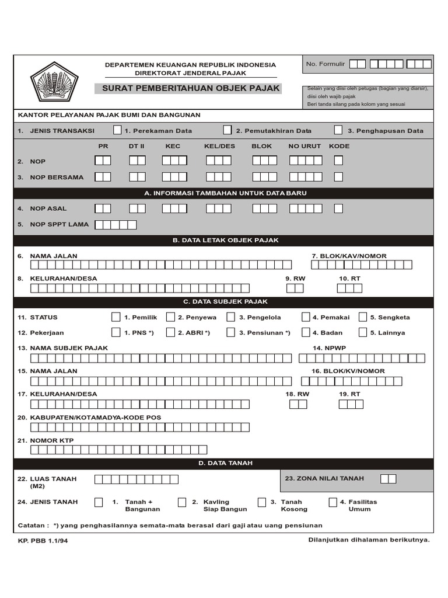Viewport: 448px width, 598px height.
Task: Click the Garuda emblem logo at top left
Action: tap(54, 82)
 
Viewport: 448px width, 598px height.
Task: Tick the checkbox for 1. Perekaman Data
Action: tap(117, 130)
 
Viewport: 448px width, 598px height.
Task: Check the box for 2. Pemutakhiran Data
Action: tap(228, 130)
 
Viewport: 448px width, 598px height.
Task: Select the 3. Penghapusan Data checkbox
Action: tap(338, 130)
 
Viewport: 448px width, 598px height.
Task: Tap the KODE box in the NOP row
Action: tap(338, 160)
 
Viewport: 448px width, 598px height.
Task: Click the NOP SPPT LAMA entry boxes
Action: tap(116, 224)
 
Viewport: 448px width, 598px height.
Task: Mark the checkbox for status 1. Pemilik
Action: tap(116, 317)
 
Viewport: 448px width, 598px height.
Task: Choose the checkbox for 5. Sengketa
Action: tap(363, 317)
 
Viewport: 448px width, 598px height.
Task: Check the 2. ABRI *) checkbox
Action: tap(170, 332)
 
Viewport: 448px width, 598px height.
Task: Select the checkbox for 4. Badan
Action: tap(306, 332)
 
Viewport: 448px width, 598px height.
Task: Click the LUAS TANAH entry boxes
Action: tap(136, 479)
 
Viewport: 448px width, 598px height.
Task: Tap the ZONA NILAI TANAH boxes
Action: tap(388, 479)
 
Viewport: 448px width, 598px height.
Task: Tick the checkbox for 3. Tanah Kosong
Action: tap(262, 502)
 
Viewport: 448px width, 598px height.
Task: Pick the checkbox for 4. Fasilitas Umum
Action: tap(332, 502)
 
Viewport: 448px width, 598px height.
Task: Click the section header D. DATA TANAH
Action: tap(225, 464)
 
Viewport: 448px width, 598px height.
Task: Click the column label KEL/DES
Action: tap(219, 146)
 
